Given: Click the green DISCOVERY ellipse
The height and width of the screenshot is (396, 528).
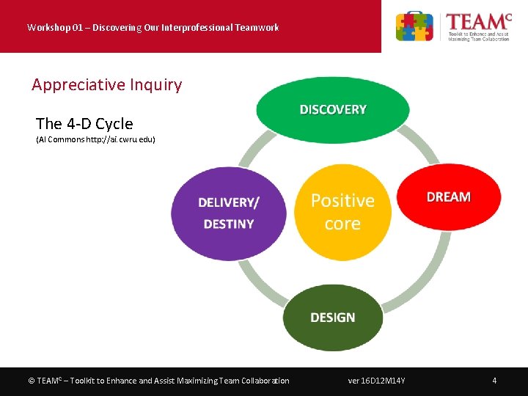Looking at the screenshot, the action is click(x=332, y=110).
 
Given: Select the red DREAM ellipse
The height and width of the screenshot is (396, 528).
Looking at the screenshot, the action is click(x=448, y=197).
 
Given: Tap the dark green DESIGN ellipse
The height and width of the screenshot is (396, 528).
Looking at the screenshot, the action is click(x=332, y=318).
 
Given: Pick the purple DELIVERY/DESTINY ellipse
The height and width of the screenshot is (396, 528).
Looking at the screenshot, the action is click(x=228, y=213).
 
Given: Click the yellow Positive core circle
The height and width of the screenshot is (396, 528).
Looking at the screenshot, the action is click(x=342, y=213).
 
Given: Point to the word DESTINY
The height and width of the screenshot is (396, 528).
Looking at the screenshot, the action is click(x=228, y=224).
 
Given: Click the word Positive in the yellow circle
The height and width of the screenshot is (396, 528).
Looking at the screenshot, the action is click(x=342, y=201).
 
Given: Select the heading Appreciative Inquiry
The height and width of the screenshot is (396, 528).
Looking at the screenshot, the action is click(x=106, y=84).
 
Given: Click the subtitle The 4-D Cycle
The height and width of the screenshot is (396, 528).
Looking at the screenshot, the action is click(x=84, y=123).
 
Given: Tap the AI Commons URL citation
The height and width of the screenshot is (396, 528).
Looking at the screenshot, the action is click(x=95, y=139).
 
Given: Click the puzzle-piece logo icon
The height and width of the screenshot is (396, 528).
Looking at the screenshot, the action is click(x=414, y=27).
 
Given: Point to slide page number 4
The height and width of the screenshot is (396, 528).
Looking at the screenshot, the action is click(x=494, y=381).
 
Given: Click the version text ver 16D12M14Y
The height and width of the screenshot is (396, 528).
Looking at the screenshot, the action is click(x=377, y=381).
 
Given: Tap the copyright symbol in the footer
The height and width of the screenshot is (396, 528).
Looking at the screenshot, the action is click(x=32, y=381).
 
